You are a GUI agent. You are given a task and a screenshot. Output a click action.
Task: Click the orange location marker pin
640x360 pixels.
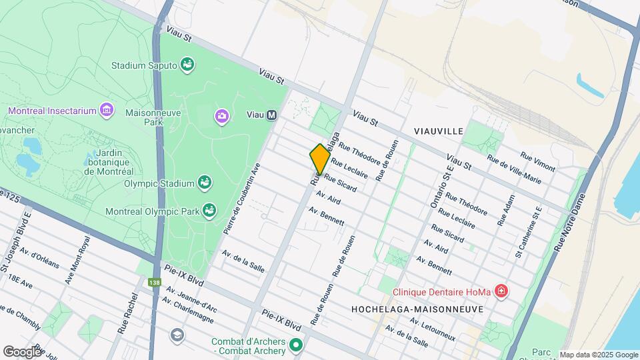(x=320, y=159)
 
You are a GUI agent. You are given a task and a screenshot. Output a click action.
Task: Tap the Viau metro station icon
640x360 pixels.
(x=271, y=115)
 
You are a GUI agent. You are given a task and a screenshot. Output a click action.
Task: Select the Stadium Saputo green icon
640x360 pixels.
(x=188, y=65)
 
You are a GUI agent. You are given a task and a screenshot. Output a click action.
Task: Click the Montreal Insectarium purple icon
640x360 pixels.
(x=105, y=109)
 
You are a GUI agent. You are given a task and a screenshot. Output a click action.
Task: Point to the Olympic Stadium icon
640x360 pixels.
(x=205, y=182)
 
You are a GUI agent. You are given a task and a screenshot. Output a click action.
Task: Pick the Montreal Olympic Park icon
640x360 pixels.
(x=209, y=211)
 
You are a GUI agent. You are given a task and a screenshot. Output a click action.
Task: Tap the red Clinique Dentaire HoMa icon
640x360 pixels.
(x=501, y=291)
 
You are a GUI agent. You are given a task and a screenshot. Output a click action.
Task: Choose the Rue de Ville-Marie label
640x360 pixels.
(x=514, y=168)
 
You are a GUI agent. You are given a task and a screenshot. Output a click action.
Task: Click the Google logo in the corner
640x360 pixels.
(x=22, y=351)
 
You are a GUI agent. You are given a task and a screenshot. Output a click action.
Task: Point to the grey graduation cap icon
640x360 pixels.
(x=177, y=334)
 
